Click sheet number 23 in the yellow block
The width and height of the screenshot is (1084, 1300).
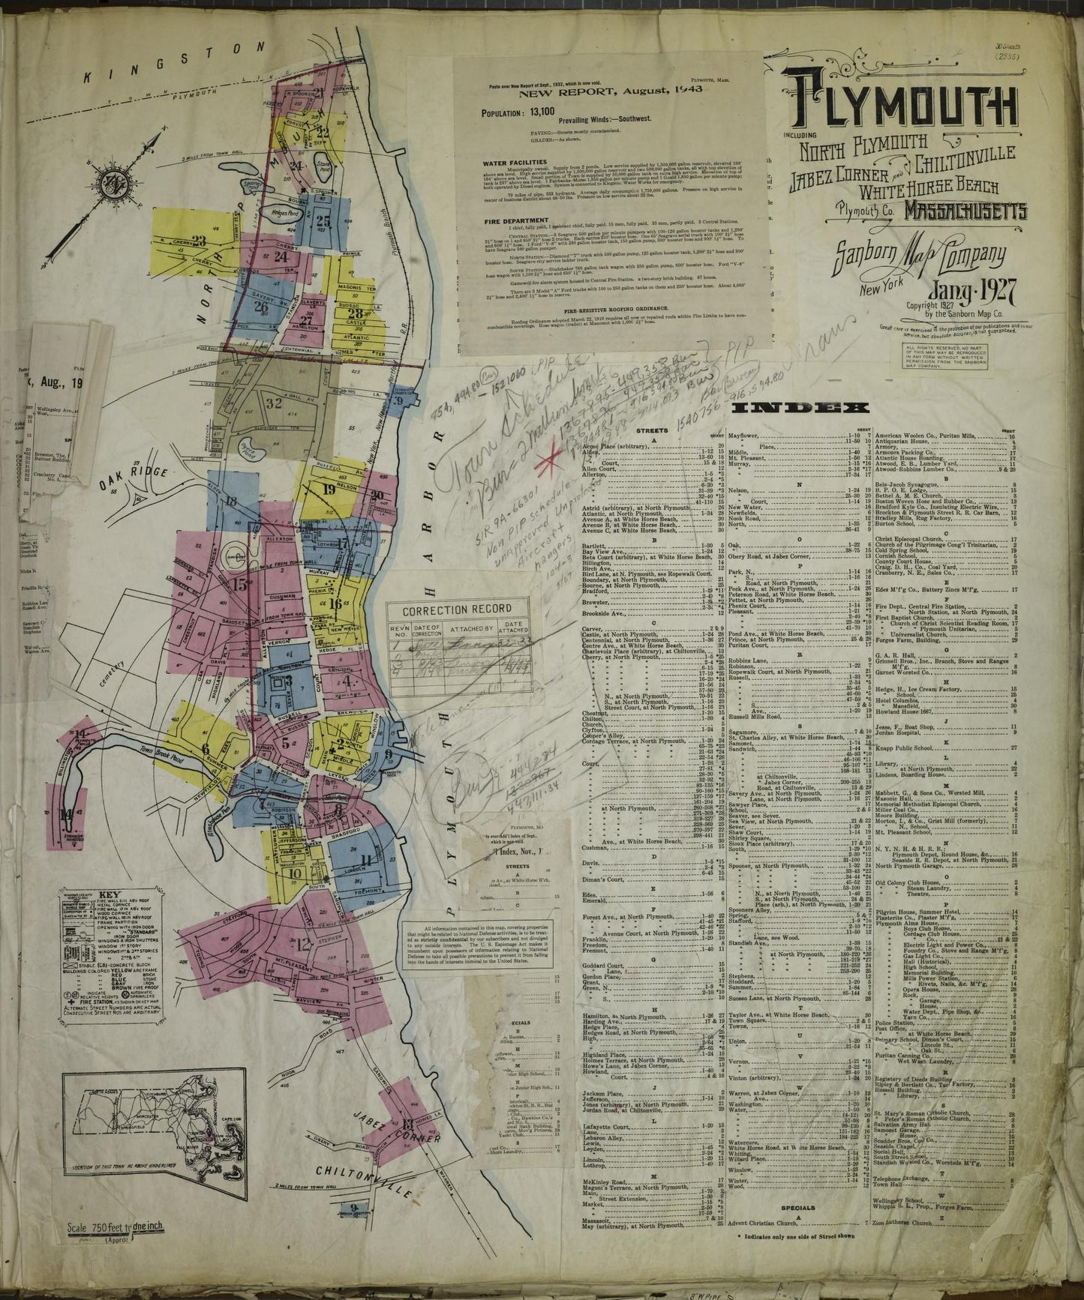click(x=199, y=241)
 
